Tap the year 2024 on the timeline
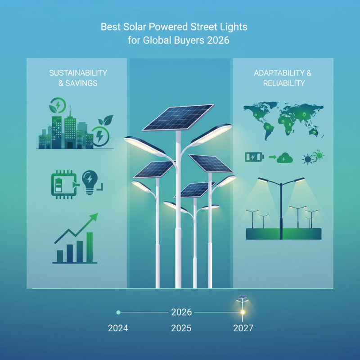click(118, 328)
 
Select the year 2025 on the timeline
click(181, 328)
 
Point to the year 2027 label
click(243, 328)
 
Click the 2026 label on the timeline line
click(181, 312)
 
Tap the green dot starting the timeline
click(118, 312)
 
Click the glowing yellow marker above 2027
click(243, 311)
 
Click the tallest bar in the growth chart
click(90, 247)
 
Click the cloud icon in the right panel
click(285, 157)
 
